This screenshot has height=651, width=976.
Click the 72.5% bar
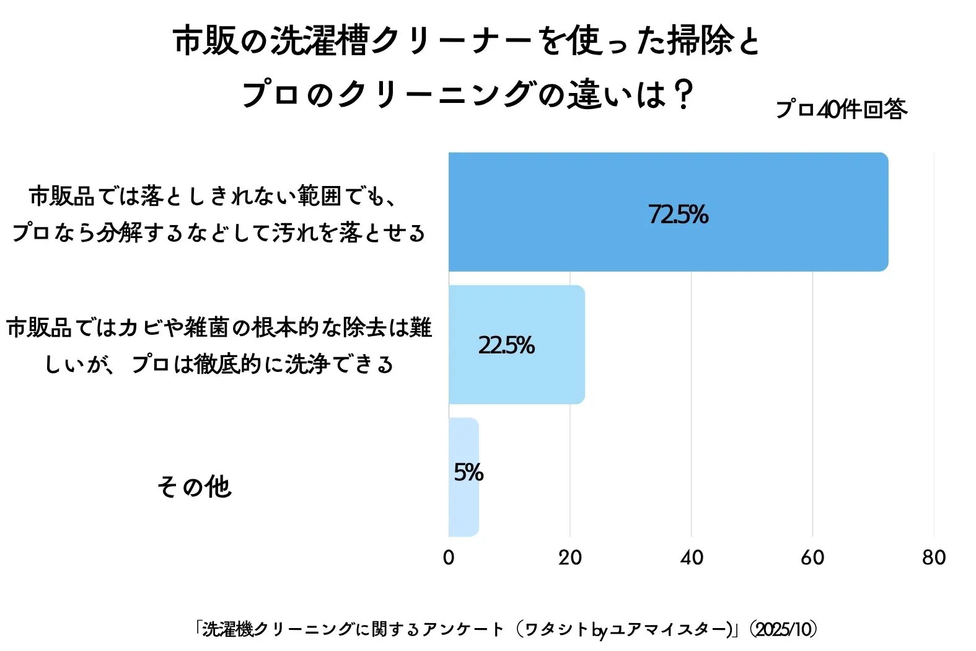point(668,211)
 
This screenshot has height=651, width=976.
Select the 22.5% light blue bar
point(516,344)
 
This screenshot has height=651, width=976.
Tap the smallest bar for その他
point(464,477)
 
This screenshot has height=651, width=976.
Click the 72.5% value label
point(678,215)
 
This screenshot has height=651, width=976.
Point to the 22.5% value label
point(506,345)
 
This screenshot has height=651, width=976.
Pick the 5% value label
point(468,472)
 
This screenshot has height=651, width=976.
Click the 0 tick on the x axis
point(449,557)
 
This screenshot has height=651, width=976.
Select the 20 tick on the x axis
point(569,557)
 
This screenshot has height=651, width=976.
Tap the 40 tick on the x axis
point(691,557)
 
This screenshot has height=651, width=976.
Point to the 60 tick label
point(812,557)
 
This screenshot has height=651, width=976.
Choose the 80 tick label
point(934,557)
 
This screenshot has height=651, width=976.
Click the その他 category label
point(194,487)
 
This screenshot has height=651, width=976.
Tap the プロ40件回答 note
point(841,109)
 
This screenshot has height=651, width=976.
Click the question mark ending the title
point(683,95)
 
